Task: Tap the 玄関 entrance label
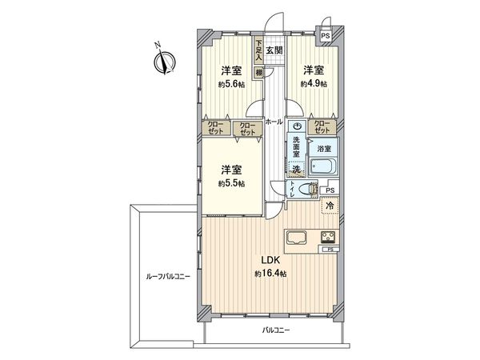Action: pos(275,50)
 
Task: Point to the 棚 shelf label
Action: pos(259,73)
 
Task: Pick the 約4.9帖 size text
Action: pos(313,83)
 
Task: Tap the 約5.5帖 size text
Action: pos(232,183)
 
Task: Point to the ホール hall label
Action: pos(273,122)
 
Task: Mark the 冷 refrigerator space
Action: pos(329,207)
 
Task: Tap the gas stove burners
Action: pos(328,237)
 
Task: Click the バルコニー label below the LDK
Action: pos(275,330)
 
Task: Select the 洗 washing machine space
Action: pos(295,169)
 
